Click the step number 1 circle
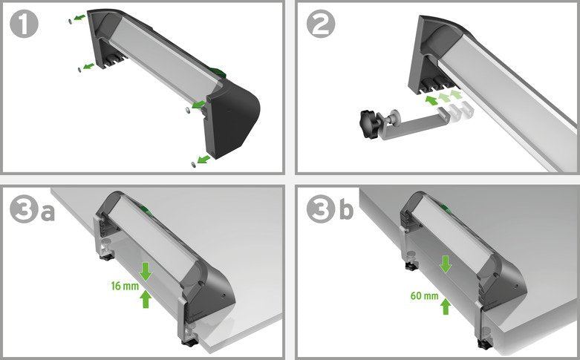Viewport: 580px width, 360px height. tap(25, 26)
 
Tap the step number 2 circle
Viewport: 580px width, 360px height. tap(321, 26)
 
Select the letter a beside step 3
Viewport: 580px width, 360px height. tap(46, 212)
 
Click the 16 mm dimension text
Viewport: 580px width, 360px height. tap(123, 285)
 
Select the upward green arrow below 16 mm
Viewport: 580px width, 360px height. tap(146, 298)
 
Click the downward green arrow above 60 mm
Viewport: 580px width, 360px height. tap(446, 264)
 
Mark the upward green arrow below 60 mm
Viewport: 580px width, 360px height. tap(446, 305)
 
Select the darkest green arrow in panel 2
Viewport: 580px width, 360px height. tap(431, 99)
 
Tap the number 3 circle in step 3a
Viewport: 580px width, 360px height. tap(25, 212)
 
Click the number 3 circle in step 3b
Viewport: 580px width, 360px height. tap(321, 212)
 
